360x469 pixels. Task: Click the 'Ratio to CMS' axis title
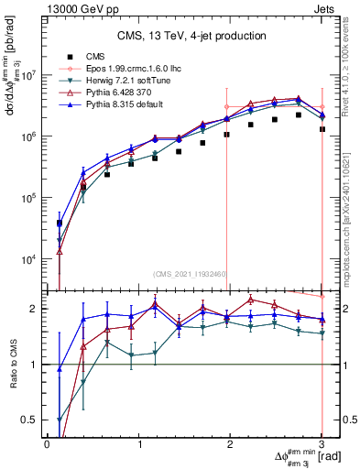pyautogui.click(x=11, y=364)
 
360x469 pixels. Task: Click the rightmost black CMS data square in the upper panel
pyautogui.click(x=322, y=129)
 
